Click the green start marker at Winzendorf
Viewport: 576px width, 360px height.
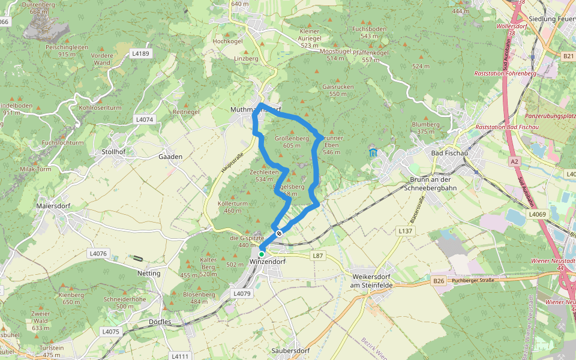(x=262, y=254)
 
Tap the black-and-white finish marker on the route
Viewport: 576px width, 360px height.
(x=279, y=233)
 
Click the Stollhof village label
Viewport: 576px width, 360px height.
(x=114, y=152)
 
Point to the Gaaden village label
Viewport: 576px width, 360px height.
(x=170, y=156)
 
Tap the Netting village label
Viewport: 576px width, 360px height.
(x=149, y=273)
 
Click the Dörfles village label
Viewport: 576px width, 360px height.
(x=159, y=322)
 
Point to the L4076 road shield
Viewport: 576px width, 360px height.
(x=97, y=254)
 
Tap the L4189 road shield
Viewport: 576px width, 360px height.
(x=140, y=53)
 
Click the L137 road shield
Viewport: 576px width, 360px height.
(x=406, y=230)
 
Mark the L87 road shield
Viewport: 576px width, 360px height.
(x=318, y=256)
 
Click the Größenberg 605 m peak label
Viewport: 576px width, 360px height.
(x=292, y=141)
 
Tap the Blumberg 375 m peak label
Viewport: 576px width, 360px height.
(x=425, y=128)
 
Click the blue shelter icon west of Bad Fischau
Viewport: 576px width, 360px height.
(x=373, y=153)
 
